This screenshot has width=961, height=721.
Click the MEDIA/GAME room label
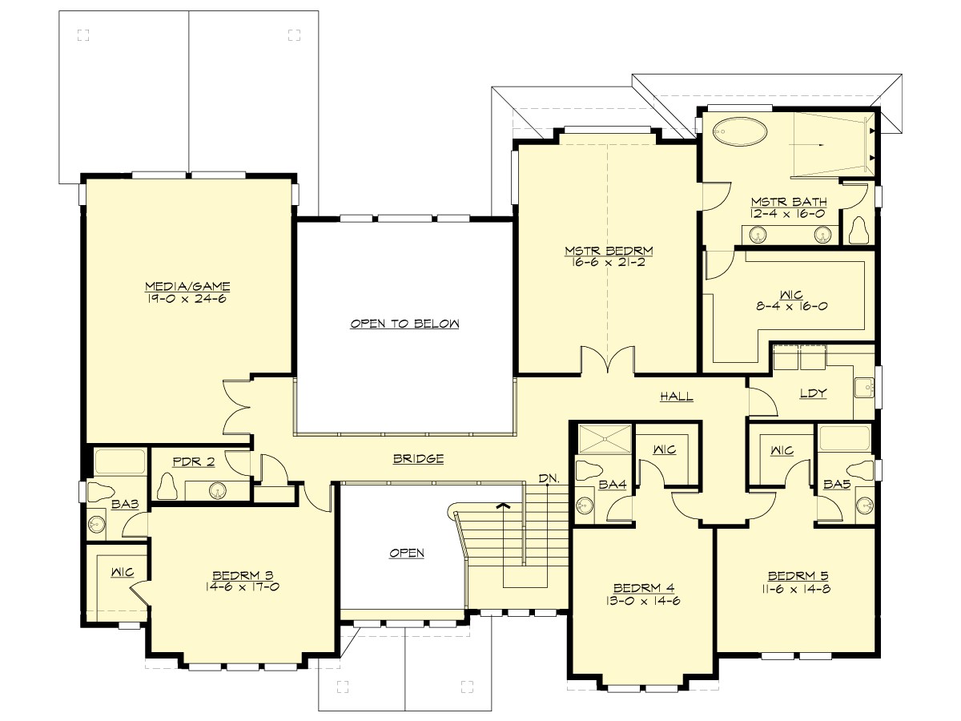coord(187,286)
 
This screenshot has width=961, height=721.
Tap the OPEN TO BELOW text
coord(404,324)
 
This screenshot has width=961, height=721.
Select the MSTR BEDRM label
coord(605,251)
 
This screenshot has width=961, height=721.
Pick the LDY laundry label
coord(813,393)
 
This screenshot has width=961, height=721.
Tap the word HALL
coord(677,396)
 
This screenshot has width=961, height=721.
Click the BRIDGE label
coord(418,459)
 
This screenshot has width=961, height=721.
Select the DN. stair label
coord(549,478)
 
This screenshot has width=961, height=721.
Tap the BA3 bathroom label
coord(121,505)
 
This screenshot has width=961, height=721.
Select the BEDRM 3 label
coord(243,574)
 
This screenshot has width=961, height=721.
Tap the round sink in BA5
coord(863,505)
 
